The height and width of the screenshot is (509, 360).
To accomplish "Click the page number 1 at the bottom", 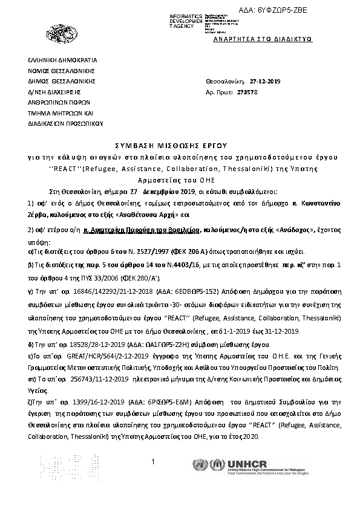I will (154, 462).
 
